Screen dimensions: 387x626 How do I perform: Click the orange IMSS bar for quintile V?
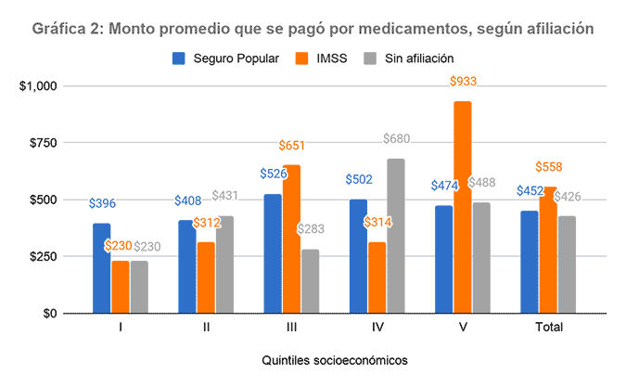point(462,207)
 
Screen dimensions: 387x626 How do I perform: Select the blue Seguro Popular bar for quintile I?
point(101,268)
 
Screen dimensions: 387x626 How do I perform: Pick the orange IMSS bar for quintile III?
point(291,239)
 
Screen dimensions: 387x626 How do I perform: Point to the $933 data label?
point(463,82)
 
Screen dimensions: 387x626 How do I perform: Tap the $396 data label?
point(102,203)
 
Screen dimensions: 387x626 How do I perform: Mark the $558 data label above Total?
point(549,166)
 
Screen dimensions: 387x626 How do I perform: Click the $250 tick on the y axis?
point(42,257)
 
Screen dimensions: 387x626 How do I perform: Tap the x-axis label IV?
point(377,327)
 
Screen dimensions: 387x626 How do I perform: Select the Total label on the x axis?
point(547,327)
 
